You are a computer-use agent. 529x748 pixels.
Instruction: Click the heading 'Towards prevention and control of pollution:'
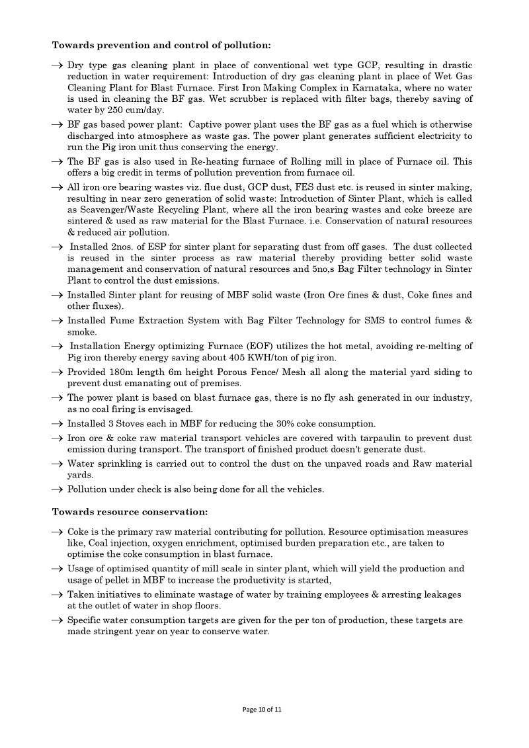pos(161,46)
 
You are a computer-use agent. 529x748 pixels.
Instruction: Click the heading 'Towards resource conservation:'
pos(130,512)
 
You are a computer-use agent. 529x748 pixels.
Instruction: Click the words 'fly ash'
pos(366,398)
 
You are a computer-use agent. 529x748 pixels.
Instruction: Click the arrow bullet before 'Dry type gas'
pos(58,65)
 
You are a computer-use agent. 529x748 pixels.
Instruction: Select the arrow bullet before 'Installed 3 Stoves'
pos(58,424)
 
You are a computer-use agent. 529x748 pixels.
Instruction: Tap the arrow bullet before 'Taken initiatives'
pos(58,595)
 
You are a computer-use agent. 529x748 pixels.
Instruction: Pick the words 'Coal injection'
pos(116,543)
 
